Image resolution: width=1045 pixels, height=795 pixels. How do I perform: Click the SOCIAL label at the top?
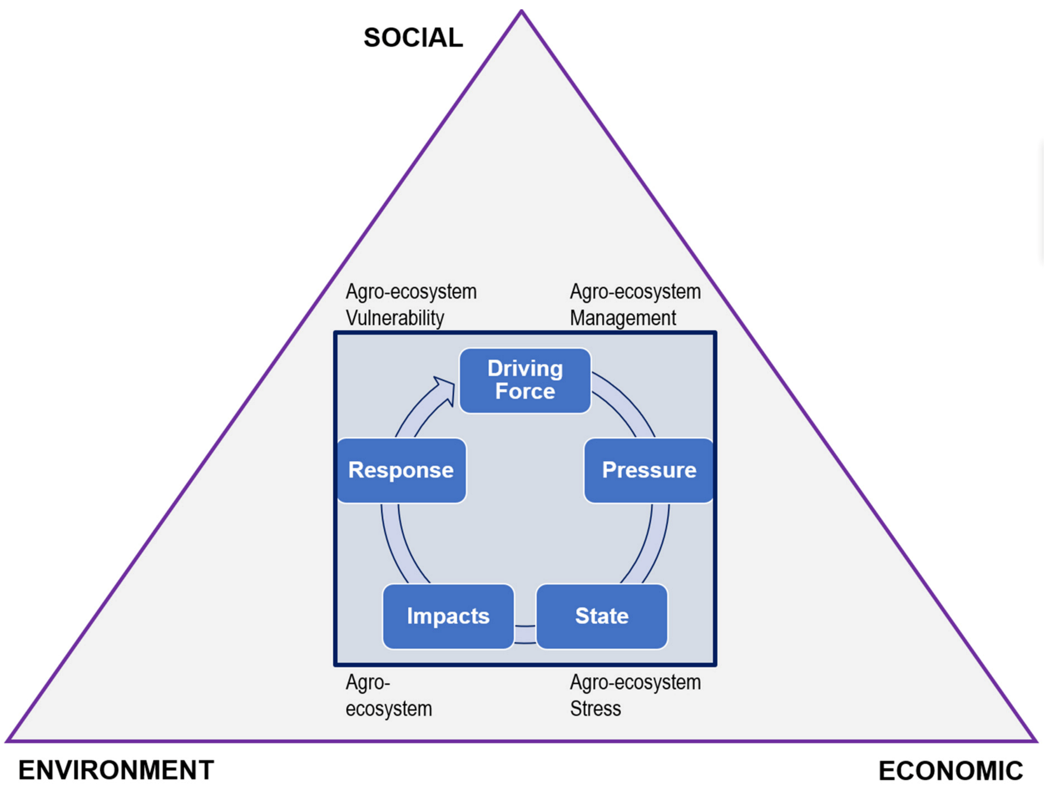[x=413, y=38]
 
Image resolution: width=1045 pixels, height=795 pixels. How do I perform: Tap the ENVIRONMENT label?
[x=116, y=771]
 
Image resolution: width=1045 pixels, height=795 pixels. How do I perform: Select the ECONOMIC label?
[x=950, y=771]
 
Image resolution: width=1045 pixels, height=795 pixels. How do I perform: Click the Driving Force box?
[x=525, y=381]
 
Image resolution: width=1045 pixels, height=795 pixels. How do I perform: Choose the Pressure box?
[x=648, y=470]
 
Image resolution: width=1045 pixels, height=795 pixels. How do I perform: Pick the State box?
[x=602, y=616]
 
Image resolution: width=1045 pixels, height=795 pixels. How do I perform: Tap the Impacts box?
[x=448, y=616]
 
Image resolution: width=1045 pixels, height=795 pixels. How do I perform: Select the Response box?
[x=401, y=470]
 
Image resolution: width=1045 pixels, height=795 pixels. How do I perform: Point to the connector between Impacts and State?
[x=525, y=634]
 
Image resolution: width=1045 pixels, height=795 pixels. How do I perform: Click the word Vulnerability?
[x=395, y=318]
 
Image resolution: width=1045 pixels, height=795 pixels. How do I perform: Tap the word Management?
[x=623, y=318]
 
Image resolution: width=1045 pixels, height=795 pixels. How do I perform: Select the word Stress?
[x=595, y=709]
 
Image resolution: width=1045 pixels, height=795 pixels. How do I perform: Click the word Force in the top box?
[x=525, y=391]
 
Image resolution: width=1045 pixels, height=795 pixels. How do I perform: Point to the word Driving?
[x=525, y=369]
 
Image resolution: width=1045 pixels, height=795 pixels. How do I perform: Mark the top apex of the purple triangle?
[x=522, y=12]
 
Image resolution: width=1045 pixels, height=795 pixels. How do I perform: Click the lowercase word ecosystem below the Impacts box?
[x=389, y=709]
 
